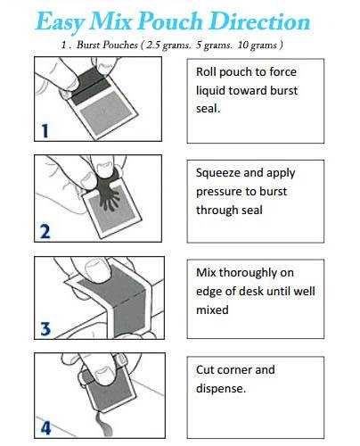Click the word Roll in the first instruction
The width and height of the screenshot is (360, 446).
[208, 72]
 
